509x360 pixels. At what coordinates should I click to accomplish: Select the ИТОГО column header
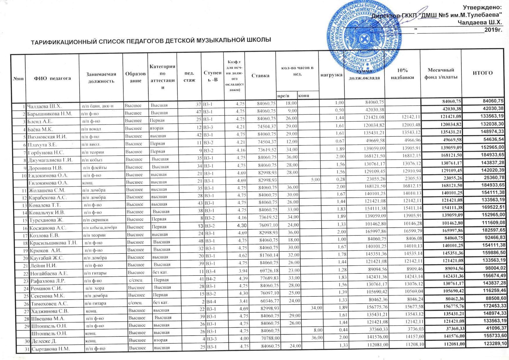point(483,73)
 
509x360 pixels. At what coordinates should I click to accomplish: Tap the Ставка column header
point(260,76)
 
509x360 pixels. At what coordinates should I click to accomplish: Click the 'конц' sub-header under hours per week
point(304,95)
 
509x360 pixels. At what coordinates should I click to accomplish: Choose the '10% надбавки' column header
point(402,74)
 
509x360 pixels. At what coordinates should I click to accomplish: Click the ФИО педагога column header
point(52,78)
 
